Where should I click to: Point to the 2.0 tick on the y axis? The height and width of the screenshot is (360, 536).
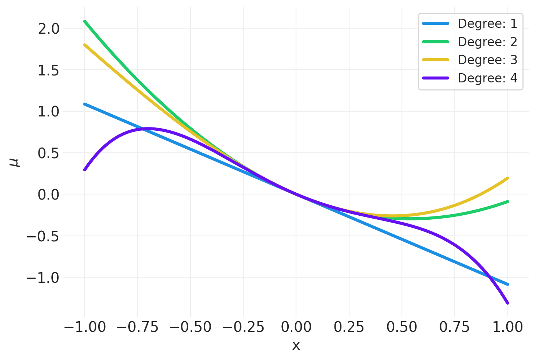(x=48, y=29)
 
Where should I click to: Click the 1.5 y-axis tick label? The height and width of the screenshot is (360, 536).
(x=48, y=70)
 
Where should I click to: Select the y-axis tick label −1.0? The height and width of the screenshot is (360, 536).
(x=43, y=278)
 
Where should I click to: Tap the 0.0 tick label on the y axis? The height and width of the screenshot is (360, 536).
(x=48, y=194)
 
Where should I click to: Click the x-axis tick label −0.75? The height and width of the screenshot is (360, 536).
(x=137, y=327)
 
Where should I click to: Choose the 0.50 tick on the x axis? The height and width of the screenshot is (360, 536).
(x=402, y=327)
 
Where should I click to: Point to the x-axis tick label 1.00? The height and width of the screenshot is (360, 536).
(x=507, y=327)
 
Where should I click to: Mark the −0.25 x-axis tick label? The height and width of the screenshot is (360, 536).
(x=243, y=327)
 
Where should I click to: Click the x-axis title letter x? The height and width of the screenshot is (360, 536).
(x=296, y=345)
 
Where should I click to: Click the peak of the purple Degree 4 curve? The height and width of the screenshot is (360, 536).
(x=148, y=129)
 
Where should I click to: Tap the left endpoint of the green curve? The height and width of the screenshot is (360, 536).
(x=85, y=21)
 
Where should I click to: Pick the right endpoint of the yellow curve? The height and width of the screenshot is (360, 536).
(x=508, y=178)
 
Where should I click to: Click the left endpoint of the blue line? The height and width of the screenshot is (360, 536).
(x=85, y=104)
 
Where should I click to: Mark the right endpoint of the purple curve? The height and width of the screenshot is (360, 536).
(x=508, y=303)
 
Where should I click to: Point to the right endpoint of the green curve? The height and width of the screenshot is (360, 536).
(x=508, y=201)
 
